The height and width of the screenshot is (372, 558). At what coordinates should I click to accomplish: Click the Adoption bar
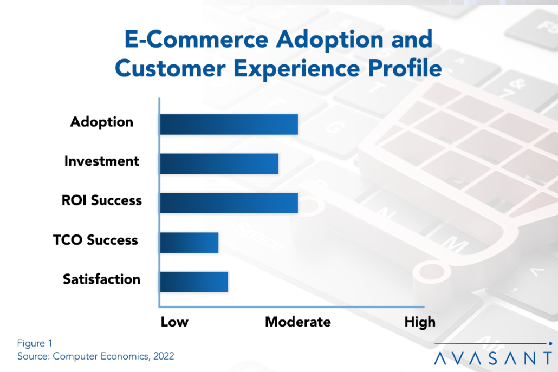tap(229, 125)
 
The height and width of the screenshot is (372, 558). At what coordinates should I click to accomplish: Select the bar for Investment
tap(219, 164)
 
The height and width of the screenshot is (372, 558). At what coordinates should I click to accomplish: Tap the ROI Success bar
tap(229, 203)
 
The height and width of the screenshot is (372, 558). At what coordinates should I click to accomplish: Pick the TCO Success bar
tap(189, 243)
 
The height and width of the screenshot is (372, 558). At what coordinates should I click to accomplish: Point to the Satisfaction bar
tap(194, 282)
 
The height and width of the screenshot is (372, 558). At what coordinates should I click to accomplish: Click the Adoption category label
tap(101, 122)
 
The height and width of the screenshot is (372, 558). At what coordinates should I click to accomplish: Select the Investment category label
tap(101, 161)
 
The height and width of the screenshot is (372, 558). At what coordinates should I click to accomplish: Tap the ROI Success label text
tap(101, 201)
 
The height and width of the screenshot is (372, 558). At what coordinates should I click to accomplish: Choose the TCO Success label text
tap(95, 240)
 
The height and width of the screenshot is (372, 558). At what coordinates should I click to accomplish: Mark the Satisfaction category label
tap(101, 279)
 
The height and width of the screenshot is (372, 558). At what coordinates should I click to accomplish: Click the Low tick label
tap(174, 322)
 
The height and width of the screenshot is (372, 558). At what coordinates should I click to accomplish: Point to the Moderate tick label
tap(297, 322)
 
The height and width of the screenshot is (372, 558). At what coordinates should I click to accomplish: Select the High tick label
tap(419, 322)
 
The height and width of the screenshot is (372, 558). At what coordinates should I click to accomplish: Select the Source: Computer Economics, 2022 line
tap(95, 356)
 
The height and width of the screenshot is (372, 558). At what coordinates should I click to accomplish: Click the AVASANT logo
tap(493, 357)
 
